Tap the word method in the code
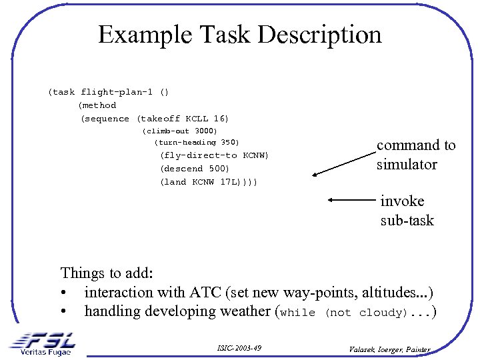tap(99, 105)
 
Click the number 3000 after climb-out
tap(206, 131)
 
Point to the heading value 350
tap(229, 143)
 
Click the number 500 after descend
tap(218, 169)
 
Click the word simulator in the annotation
tap(406, 164)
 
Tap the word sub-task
tap(407, 220)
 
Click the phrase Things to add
tap(107, 273)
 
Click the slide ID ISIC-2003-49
tap(239, 348)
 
